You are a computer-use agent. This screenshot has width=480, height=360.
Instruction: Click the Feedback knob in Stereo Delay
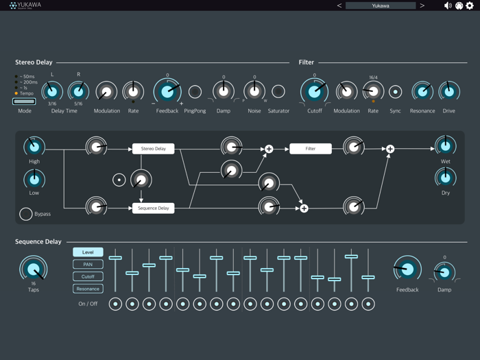point(167,91)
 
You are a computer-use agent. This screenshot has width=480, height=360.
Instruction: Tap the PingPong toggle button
point(195,91)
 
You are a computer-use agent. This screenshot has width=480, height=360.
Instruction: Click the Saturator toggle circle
point(278,91)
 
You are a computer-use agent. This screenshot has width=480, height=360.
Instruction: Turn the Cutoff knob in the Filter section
point(315,91)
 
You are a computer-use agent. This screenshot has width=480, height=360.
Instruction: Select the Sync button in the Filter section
point(396,91)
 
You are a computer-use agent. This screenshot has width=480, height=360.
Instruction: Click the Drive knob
point(448,91)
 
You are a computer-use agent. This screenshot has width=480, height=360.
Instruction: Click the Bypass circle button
point(25,214)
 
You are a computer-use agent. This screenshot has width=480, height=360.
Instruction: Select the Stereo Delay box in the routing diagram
point(153,148)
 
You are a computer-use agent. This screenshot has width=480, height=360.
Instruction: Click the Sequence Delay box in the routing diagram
point(153,208)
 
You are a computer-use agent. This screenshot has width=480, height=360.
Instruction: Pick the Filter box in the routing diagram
point(310,148)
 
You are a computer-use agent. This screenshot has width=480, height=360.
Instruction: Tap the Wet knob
point(446,145)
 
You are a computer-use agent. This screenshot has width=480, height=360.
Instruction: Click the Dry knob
point(446,178)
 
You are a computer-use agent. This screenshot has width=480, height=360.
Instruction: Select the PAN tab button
point(88,264)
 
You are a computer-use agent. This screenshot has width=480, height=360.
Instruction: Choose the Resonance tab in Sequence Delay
point(88,289)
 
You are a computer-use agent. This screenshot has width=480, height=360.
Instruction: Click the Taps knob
point(34,269)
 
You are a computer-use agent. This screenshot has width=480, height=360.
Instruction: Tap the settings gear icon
point(470,5)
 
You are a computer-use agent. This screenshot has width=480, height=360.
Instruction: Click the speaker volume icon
point(448,5)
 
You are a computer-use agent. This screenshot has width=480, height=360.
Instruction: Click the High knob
point(34,146)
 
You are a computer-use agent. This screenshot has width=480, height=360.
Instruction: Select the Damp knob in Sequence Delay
point(444,273)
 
